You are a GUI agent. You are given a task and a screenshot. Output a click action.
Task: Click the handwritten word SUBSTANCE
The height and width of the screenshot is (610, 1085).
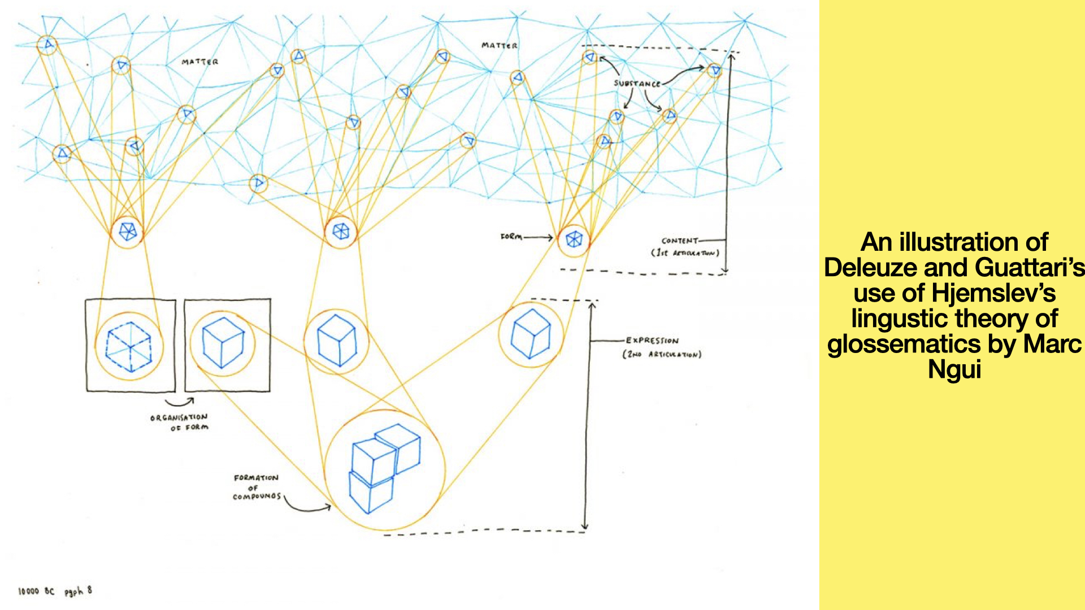pyautogui.click(x=637, y=84)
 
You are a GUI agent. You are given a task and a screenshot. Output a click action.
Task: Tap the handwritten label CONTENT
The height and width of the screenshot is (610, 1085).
pyautogui.click(x=679, y=241)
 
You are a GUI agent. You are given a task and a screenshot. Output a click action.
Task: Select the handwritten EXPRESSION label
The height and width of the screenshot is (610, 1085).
pyautogui.click(x=652, y=341)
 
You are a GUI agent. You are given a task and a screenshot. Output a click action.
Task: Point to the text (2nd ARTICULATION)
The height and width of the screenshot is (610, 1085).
pyautogui.click(x=662, y=355)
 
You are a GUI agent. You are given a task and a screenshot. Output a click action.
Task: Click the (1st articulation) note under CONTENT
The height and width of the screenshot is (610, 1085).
pyautogui.click(x=685, y=253)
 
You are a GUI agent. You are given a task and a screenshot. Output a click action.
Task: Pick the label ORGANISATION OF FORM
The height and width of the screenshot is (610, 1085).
pyautogui.click(x=179, y=422)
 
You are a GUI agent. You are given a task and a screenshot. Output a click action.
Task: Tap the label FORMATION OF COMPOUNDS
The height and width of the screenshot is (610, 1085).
pyautogui.click(x=257, y=487)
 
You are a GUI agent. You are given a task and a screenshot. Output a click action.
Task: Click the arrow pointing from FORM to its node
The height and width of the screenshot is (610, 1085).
pyautogui.click(x=538, y=238)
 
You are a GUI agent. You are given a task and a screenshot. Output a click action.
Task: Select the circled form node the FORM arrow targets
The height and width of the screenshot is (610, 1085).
pyautogui.click(x=574, y=239)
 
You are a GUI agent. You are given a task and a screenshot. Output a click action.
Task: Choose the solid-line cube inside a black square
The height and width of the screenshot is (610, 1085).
pyautogui.click(x=223, y=343)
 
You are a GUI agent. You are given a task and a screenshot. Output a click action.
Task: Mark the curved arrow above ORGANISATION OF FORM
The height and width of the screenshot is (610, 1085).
pyautogui.click(x=180, y=402)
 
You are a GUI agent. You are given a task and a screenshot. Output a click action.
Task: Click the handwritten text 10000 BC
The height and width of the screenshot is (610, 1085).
pyautogui.click(x=36, y=591)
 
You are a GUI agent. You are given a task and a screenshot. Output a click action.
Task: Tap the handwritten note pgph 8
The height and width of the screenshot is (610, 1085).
pyautogui.click(x=78, y=591)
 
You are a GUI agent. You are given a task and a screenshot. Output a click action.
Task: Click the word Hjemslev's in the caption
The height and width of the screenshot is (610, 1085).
pyautogui.click(x=993, y=293)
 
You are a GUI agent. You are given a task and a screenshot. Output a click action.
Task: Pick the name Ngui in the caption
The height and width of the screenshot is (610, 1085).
pyautogui.click(x=954, y=369)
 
